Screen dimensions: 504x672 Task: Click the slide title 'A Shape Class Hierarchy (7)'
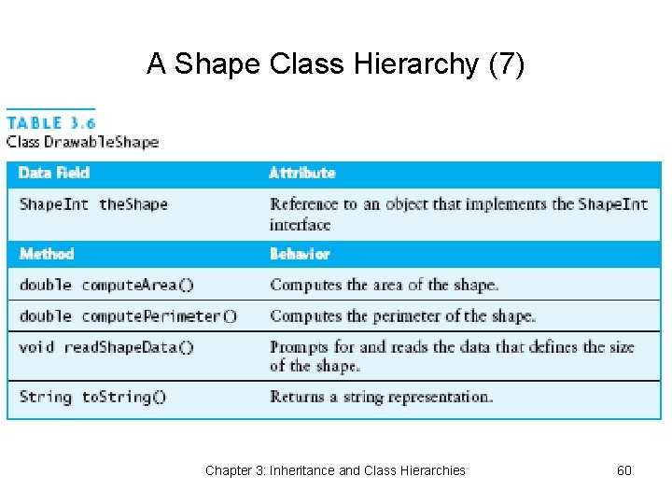(x=336, y=64)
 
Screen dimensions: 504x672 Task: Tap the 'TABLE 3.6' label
(x=51, y=123)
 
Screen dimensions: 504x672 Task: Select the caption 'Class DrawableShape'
(x=82, y=142)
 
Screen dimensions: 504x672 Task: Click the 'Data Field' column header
(x=54, y=173)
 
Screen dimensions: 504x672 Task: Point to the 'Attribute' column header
(x=301, y=173)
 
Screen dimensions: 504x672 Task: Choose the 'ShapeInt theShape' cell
(x=93, y=203)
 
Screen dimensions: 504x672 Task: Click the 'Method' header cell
(x=47, y=253)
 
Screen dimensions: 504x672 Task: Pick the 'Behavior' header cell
(x=300, y=253)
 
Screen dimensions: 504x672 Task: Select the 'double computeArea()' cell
(x=112, y=285)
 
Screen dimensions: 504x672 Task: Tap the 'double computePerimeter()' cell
(x=128, y=315)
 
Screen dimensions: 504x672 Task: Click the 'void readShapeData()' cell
(x=106, y=347)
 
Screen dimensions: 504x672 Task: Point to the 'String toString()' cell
(x=92, y=397)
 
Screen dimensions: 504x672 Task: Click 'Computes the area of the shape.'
(x=384, y=285)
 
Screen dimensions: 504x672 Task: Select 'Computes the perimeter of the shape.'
(x=402, y=315)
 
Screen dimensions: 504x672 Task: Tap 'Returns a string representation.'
(x=381, y=397)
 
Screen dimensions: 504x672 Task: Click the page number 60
(x=624, y=470)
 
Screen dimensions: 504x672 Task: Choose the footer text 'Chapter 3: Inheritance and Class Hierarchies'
(x=335, y=470)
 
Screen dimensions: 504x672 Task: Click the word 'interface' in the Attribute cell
(x=300, y=225)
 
